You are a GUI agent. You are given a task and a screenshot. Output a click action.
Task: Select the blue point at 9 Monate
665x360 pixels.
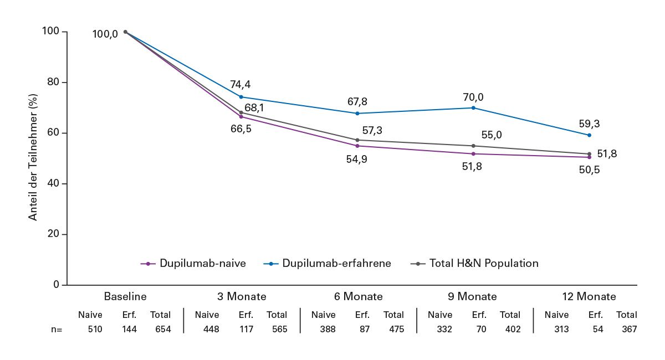pos(473,107)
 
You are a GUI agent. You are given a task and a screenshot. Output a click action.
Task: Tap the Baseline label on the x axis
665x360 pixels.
pos(125,296)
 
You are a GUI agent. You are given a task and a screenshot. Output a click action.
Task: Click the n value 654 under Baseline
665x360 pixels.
pos(161,329)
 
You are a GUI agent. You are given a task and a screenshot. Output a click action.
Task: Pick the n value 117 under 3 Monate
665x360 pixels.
pos(245,329)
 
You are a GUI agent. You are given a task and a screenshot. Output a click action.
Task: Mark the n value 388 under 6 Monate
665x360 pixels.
pos(323,329)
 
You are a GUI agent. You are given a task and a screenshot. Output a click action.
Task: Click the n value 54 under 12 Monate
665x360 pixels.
pos(596,329)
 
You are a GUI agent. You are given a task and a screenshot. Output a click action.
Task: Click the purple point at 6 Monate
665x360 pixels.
pos(357,146)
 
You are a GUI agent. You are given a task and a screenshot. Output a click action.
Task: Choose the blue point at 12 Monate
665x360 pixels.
pos(589,135)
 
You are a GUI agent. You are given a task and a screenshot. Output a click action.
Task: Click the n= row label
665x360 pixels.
pos(57,329)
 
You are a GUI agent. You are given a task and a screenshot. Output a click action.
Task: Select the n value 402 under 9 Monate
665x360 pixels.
pos(510,329)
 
